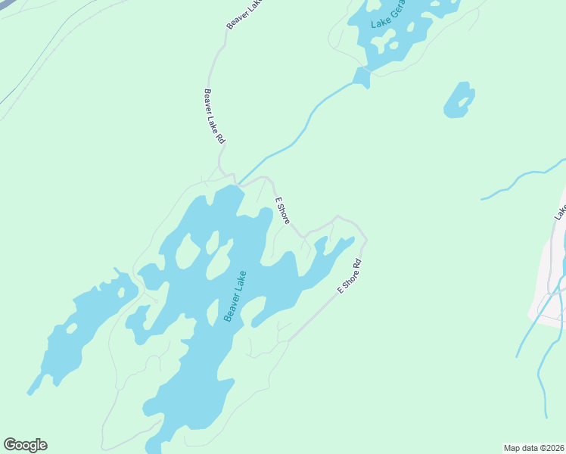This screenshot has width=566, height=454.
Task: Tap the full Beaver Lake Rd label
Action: [214, 117]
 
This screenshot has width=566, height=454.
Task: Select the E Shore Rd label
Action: [350, 277]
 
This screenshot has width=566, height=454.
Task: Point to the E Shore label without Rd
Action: [282, 210]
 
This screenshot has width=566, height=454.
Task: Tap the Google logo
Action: [25, 445]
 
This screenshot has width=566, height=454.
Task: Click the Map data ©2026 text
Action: [533, 447]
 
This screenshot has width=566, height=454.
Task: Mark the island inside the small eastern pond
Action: [460, 99]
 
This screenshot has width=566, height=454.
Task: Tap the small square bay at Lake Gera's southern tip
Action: [362, 76]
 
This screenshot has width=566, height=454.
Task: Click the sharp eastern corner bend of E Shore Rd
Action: [366, 241]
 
